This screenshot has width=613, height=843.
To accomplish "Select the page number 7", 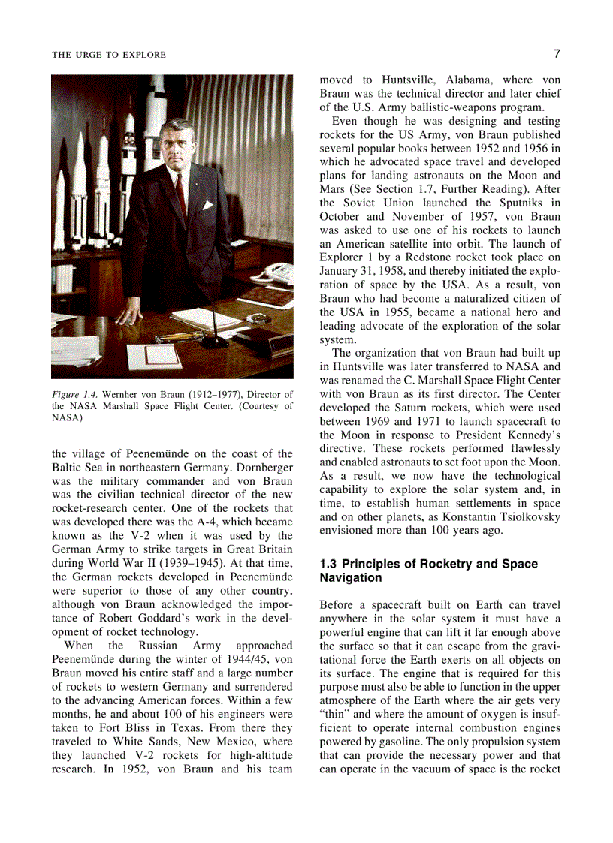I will [557, 53].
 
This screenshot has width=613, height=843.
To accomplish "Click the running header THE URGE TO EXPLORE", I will [109, 55].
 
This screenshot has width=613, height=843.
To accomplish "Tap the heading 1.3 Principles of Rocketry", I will [428, 564].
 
